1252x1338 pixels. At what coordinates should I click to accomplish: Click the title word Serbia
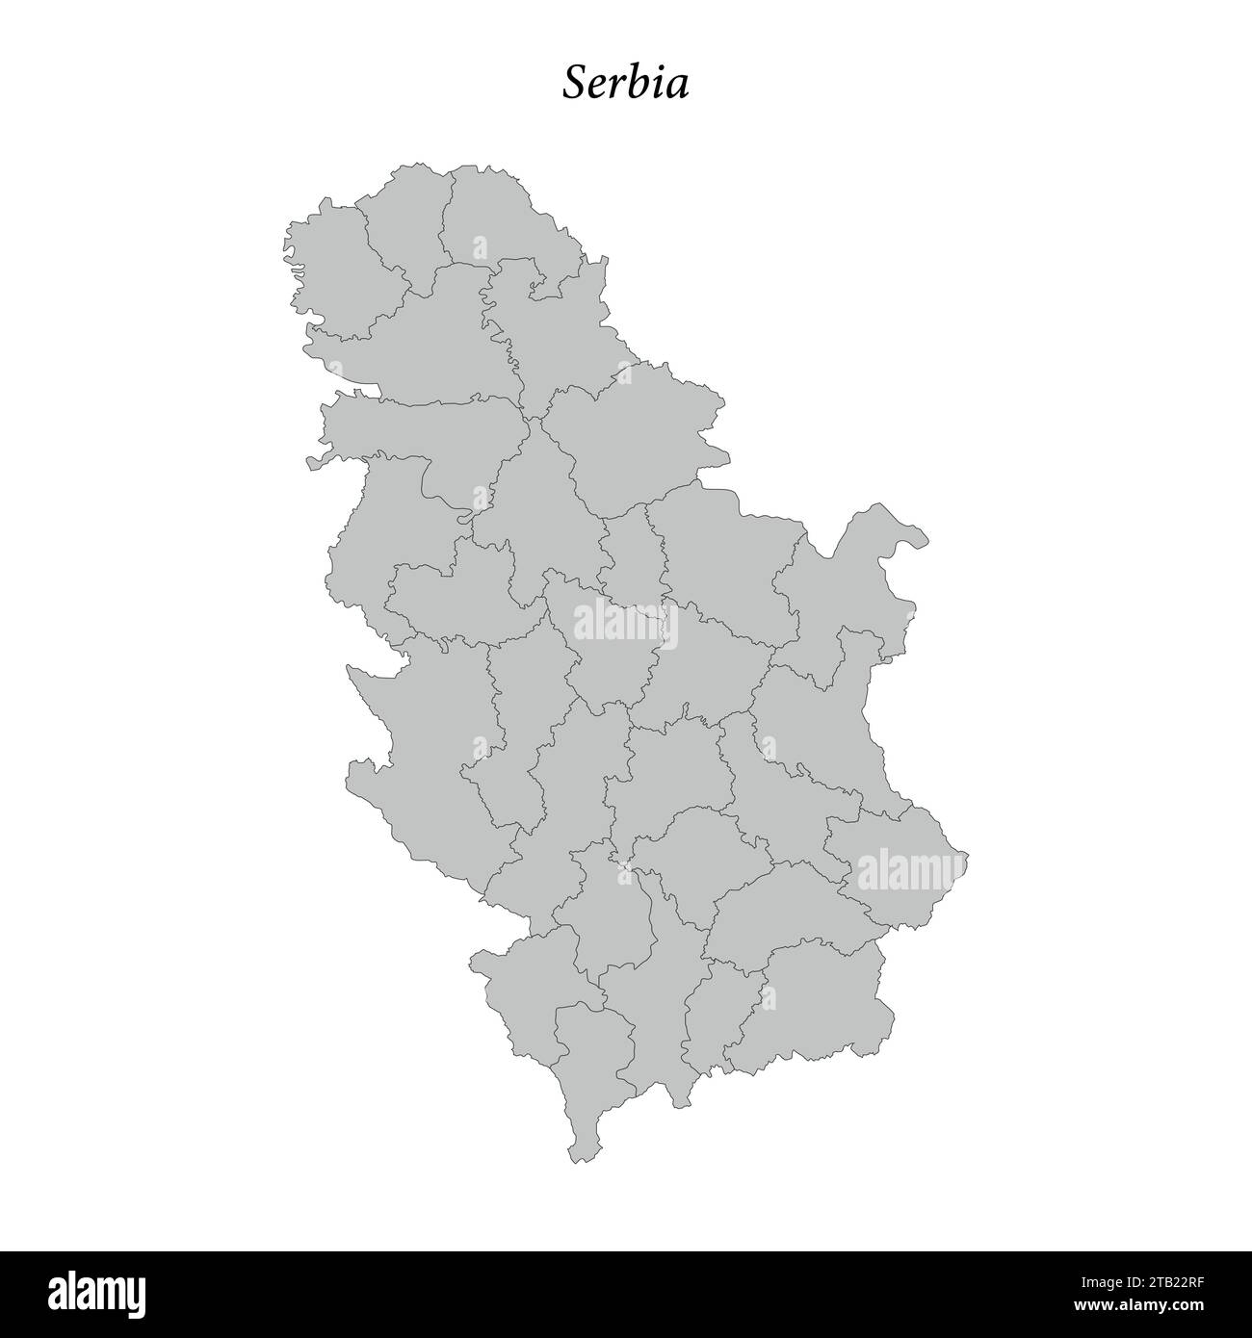(626, 83)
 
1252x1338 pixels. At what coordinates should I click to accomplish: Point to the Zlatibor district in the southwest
(424, 751)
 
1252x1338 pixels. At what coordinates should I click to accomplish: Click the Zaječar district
(814, 732)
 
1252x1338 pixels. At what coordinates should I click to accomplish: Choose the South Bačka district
(424, 337)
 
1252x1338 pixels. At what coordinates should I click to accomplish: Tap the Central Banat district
(554, 327)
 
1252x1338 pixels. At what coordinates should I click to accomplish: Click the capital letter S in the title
(576, 83)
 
